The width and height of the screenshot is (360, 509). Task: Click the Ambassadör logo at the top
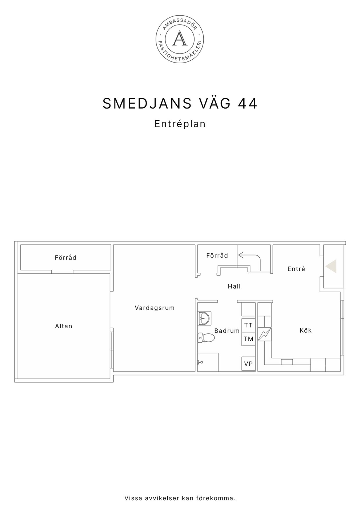click(180, 39)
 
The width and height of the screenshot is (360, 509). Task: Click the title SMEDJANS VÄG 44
click(180, 104)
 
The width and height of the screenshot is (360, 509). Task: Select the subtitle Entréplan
click(180, 124)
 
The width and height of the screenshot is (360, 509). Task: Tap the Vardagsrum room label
click(155, 308)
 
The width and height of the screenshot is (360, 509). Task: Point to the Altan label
click(64, 326)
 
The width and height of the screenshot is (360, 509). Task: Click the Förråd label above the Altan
click(65, 258)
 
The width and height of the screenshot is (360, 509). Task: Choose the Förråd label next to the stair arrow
click(217, 256)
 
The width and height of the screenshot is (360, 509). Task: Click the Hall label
click(234, 286)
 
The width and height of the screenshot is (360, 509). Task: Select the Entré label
click(296, 269)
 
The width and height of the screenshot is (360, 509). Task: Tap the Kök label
click(305, 330)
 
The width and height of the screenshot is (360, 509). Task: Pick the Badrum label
click(227, 331)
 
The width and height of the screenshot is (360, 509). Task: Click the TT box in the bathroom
click(248, 325)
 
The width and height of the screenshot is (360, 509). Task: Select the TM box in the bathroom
click(248, 339)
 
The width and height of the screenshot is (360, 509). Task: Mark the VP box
click(248, 364)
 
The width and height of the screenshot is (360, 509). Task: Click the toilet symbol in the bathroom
click(206, 338)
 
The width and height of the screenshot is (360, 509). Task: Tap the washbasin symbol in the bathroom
click(204, 318)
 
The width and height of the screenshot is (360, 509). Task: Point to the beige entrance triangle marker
click(332, 266)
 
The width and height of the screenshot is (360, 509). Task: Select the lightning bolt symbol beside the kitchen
click(264, 334)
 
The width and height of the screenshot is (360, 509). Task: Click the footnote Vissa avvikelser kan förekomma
click(180, 498)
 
